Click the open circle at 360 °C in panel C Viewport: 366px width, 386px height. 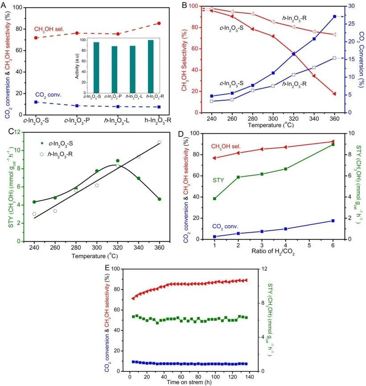(x=160, y=142)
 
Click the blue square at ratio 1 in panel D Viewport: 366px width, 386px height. (x=215, y=237)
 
